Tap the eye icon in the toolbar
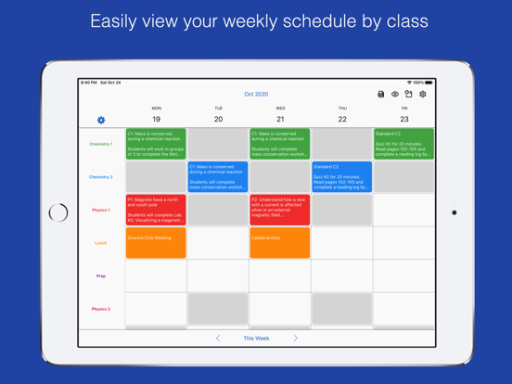coord(395,95)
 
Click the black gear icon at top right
coord(423,95)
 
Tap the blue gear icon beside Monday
coord(101,120)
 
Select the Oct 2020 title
coord(256,95)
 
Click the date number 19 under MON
coord(156,120)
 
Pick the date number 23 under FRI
coord(404,120)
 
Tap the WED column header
coord(280,109)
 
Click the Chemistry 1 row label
coord(101,145)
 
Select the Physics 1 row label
coord(101,211)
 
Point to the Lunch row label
coord(101,243)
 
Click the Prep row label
coord(101,276)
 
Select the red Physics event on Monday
coord(156,211)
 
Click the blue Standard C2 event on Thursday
coord(342,177)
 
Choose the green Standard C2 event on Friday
coord(404,145)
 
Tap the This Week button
coord(256,339)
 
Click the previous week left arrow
coord(218,339)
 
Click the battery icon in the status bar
coord(429,83)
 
